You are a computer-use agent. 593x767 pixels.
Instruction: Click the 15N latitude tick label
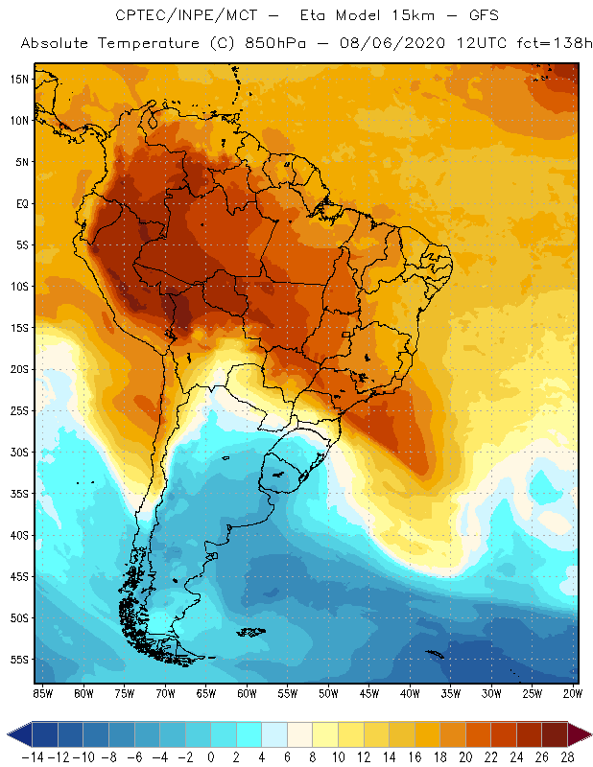[18, 79]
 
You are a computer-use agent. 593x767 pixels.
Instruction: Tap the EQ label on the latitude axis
[20, 203]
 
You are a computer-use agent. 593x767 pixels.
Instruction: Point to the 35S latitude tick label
[18, 494]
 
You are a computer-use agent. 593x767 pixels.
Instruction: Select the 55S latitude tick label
[18, 660]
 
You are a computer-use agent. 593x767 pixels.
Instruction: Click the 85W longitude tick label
[43, 693]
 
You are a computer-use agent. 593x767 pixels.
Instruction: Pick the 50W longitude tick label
[329, 693]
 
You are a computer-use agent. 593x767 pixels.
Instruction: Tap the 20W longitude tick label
[574, 693]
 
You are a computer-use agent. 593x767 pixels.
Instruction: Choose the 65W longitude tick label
[206, 693]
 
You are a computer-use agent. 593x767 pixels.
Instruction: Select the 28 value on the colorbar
[568, 755]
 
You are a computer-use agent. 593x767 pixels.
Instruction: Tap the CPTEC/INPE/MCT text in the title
[181, 16]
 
